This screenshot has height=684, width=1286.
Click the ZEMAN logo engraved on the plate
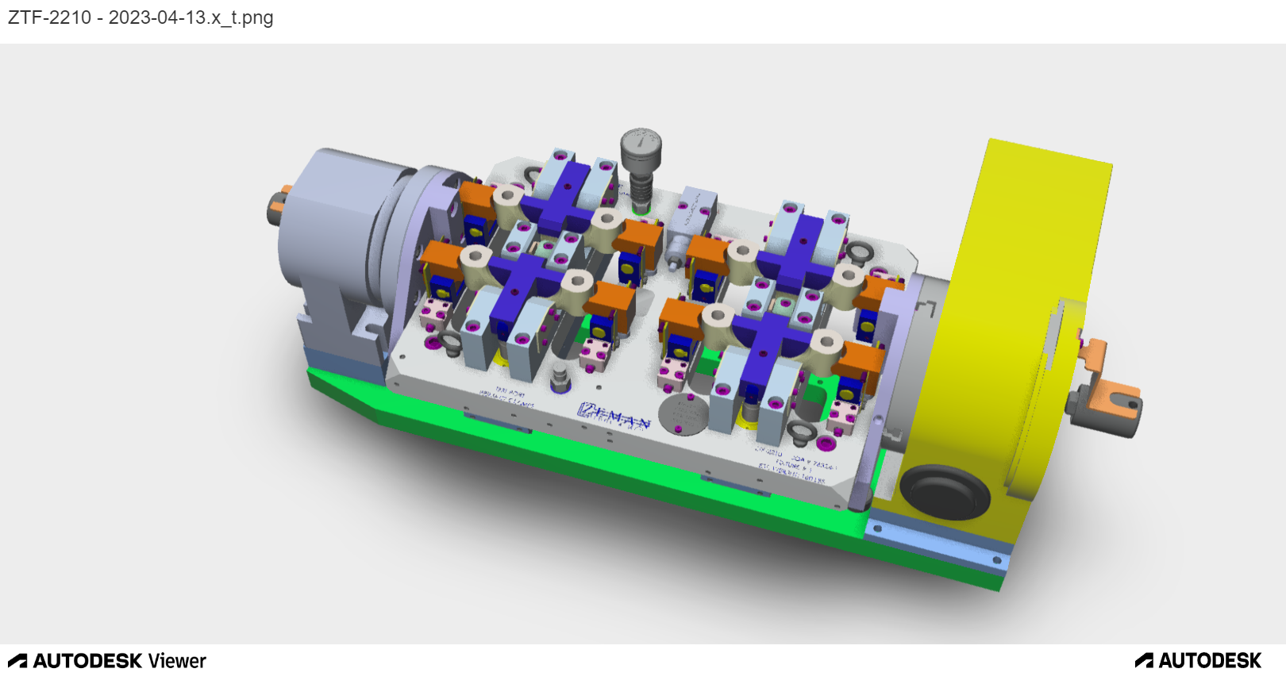614,415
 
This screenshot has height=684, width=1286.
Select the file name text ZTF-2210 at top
49,17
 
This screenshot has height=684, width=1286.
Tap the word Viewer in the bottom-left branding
177,661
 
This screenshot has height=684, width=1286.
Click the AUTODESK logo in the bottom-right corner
1198,661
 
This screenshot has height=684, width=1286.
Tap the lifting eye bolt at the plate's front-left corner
449,343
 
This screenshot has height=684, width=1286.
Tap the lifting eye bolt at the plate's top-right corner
859,252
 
